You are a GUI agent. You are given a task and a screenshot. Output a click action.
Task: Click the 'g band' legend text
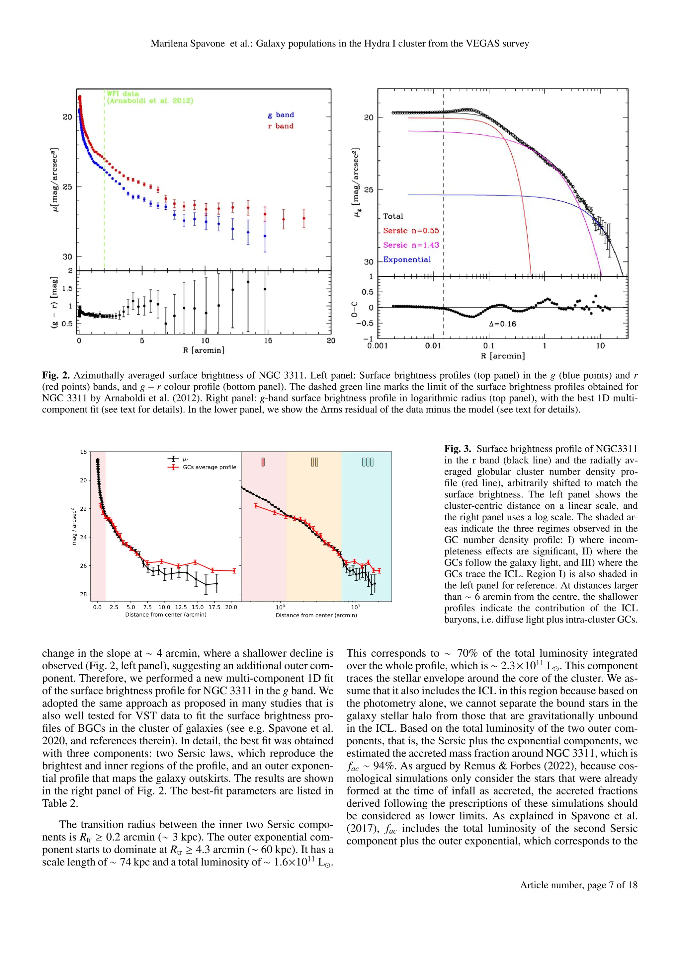281,115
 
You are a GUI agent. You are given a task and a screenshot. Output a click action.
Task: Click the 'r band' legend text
281,126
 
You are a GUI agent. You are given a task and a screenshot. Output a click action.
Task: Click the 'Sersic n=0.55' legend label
411,231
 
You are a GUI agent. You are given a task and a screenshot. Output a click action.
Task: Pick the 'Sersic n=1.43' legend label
411,245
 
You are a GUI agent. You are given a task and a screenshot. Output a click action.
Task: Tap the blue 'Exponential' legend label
407,259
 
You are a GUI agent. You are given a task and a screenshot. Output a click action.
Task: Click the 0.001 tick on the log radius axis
378,346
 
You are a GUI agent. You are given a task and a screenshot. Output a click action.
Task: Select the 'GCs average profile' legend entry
210,467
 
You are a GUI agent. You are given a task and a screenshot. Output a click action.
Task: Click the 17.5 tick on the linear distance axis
214,607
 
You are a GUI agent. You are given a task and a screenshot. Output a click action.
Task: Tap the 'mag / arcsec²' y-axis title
74,527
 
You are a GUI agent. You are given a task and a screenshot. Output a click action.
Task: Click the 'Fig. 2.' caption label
56,375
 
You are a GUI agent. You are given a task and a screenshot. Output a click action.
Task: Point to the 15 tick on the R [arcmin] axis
268,341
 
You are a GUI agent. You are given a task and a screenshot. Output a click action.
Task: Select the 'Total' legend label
393,216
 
